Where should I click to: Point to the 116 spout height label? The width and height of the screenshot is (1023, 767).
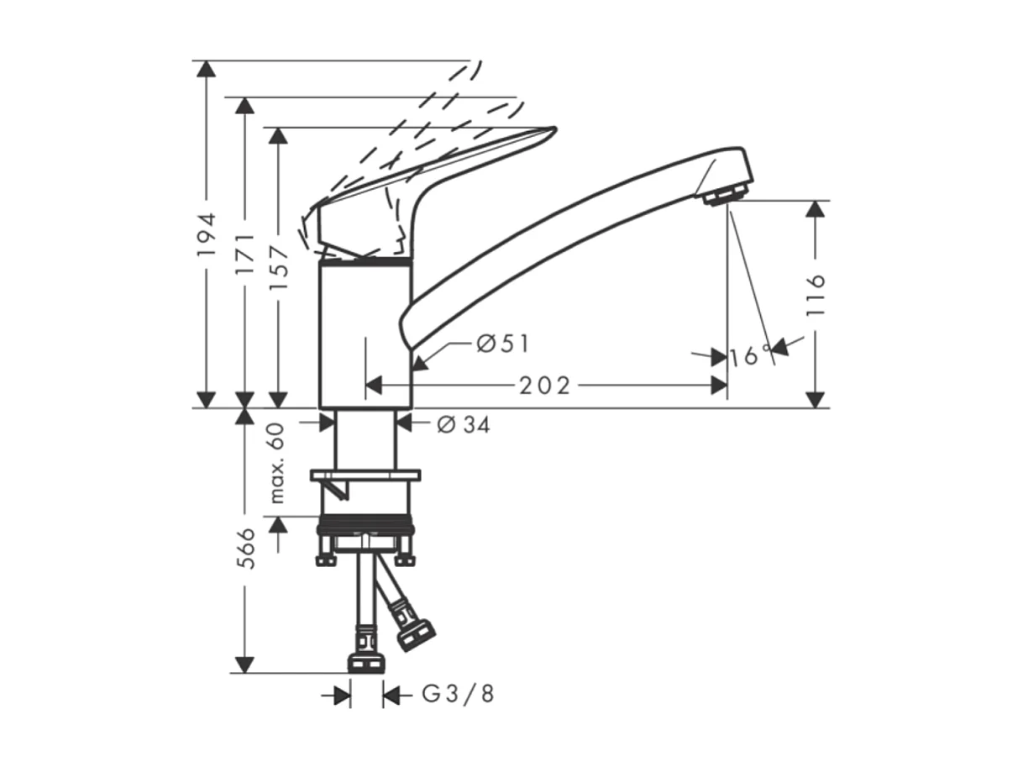(x=815, y=294)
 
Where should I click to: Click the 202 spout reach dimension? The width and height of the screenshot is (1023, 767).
(x=544, y=386)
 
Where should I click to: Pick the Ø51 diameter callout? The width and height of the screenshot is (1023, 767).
(x=501, y=343)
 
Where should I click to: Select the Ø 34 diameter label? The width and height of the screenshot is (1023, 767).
(x=463, y=425)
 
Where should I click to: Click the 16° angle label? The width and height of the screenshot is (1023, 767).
(x=750, y=356)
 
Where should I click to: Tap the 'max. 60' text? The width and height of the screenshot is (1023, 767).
(x=278, y=463)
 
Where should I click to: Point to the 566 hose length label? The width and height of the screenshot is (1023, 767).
(x=245, y=549)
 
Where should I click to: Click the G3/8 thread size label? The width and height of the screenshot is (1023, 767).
(x=458, y=695)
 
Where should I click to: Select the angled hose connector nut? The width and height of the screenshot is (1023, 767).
(x=415, y=635)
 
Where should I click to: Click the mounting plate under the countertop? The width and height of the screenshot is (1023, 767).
(x=365, y=475)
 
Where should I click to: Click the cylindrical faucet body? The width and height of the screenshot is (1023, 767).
(x=365, y=336)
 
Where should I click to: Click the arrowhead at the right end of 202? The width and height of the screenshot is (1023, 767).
(x=719, y=386)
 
